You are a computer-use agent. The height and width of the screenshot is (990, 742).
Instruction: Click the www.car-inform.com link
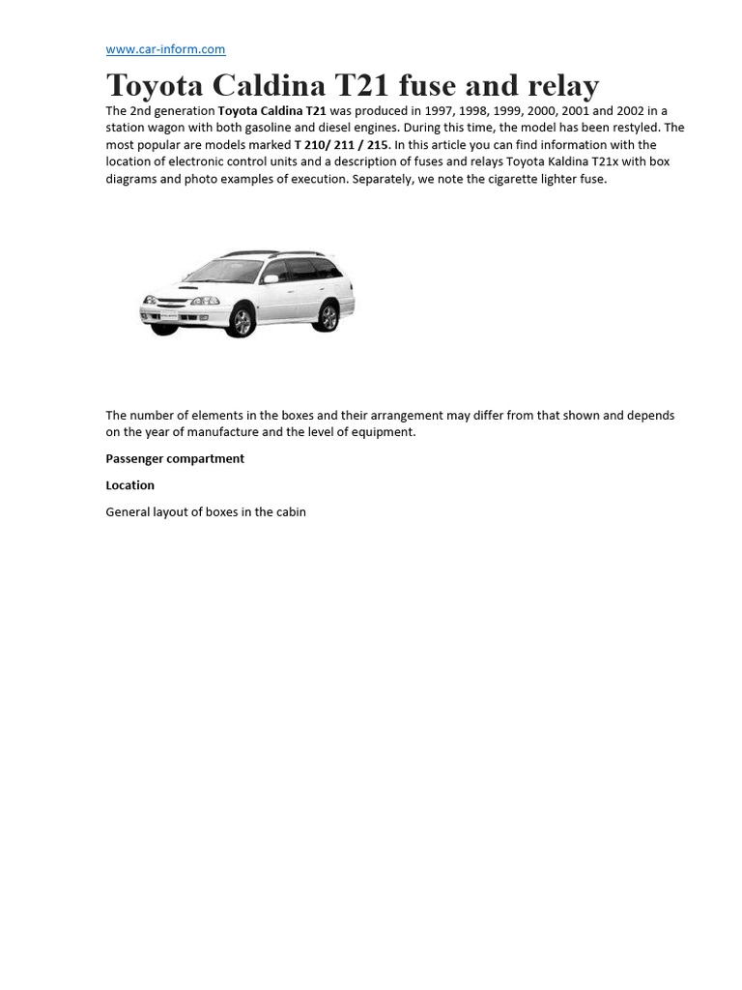coord(165,49)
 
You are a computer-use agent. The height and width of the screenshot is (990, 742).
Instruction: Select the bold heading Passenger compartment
coord(175,458)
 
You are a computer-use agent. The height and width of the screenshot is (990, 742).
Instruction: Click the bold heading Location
coord(130,485)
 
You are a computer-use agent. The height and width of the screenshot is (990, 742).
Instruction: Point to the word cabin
coord(289,512)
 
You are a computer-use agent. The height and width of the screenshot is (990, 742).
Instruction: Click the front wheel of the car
coord(242,321)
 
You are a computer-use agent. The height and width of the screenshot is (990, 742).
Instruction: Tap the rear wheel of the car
coord(328,316)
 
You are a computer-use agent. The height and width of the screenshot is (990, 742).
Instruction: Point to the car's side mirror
coord(271,279)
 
